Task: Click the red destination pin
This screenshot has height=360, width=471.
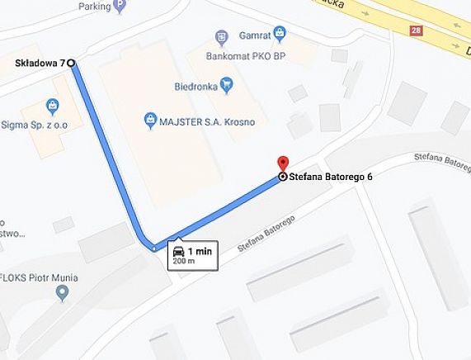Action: [282, 163]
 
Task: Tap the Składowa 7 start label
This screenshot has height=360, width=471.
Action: [40, 63]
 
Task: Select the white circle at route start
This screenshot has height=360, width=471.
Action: [71, 62]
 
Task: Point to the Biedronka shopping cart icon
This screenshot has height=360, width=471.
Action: [228, 83]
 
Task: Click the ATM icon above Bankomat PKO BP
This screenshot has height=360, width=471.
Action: [221, 36]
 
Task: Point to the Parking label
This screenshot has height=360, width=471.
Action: [95, 5]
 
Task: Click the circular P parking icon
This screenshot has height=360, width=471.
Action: [121, 5]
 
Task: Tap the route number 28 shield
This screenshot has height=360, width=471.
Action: [415, 30]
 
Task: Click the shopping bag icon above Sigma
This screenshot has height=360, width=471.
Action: [53, 106]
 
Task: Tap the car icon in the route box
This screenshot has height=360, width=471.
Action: [179, 251]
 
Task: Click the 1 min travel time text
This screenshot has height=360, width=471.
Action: [200, 251]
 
